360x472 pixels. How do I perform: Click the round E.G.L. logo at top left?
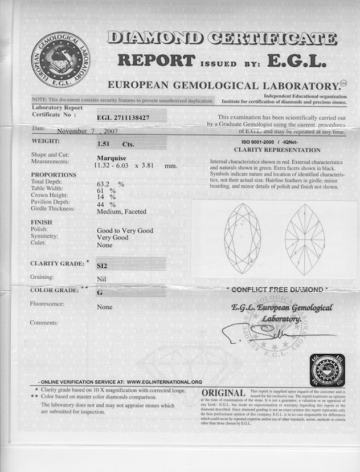click(x=60, y=62)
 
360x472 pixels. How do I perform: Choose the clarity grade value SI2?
click(x=103, y=266)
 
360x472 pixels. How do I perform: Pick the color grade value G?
click(x=100, y=292)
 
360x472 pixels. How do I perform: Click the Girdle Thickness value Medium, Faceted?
click(x=121, y=211)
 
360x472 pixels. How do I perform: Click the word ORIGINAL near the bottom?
click(x=224, y=393)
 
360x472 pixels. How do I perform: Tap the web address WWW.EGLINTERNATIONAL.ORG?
click(x=165, y=382)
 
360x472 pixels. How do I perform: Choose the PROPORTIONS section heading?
click(x=54, y=174)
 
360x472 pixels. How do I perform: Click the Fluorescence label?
click(x=47, y=304)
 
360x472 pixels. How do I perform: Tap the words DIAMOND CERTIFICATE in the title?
click(x=222, y=39)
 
